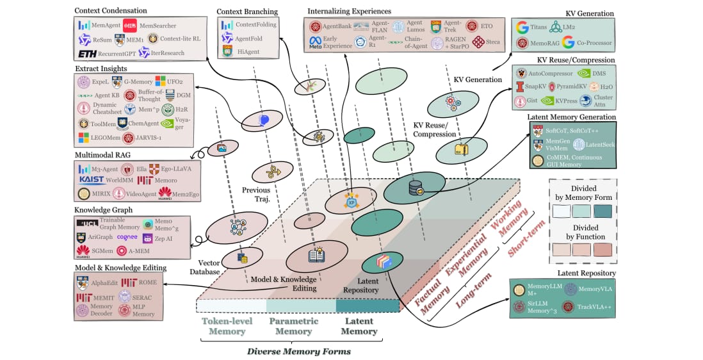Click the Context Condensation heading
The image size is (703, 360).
[110, 10]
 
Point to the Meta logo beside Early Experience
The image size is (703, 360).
[315, 43]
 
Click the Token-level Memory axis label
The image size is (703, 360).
[227, 326]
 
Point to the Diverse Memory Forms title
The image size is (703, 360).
[299, 351]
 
